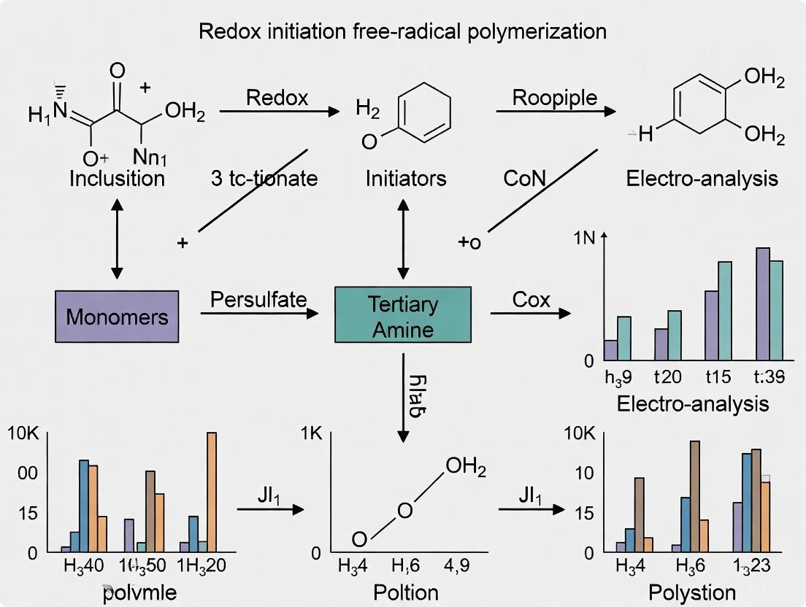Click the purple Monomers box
117,317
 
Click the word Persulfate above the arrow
258,299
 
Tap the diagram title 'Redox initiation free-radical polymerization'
403,31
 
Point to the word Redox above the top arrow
277,98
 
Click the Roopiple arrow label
555,98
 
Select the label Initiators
406,178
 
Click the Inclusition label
117,178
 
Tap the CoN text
523,178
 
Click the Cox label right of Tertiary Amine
531,299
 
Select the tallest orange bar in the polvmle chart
212,492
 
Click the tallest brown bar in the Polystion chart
694,496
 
